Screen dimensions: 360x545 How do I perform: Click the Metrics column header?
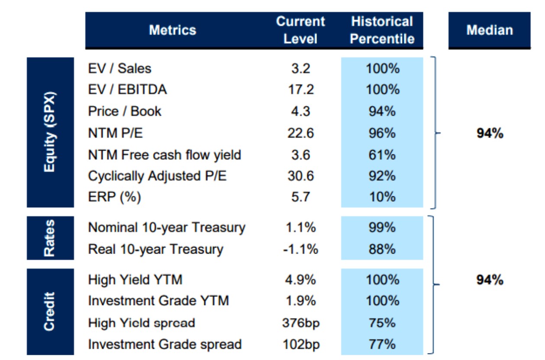(x=172, y=30)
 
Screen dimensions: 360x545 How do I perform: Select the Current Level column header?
(x=300, y=30)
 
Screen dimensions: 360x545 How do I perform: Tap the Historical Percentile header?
(x=382, y=30)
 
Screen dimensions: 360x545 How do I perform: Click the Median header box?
(x=489, y=30)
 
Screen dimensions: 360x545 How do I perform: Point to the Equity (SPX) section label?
(x=50, y=132)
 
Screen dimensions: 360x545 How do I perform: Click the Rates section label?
(x=50, y=238)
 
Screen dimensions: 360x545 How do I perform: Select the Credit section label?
(x=50, y=312)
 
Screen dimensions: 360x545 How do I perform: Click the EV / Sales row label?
(x=120, y=68)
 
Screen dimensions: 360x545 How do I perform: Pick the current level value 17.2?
(x=300, y=90)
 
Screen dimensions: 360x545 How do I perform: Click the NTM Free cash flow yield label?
(x=164, y=154)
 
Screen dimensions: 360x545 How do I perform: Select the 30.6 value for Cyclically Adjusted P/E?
(x=300, y=176)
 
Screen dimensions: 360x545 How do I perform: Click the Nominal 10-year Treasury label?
(x=167, y=228)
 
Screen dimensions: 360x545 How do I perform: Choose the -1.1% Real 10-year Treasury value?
(x=300, y=249)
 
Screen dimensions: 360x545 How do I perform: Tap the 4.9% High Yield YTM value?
(x=300, y=280)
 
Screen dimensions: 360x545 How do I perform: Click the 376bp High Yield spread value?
(x=300, y=323)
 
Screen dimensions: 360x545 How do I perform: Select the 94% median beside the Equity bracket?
(x=490, y=134)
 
